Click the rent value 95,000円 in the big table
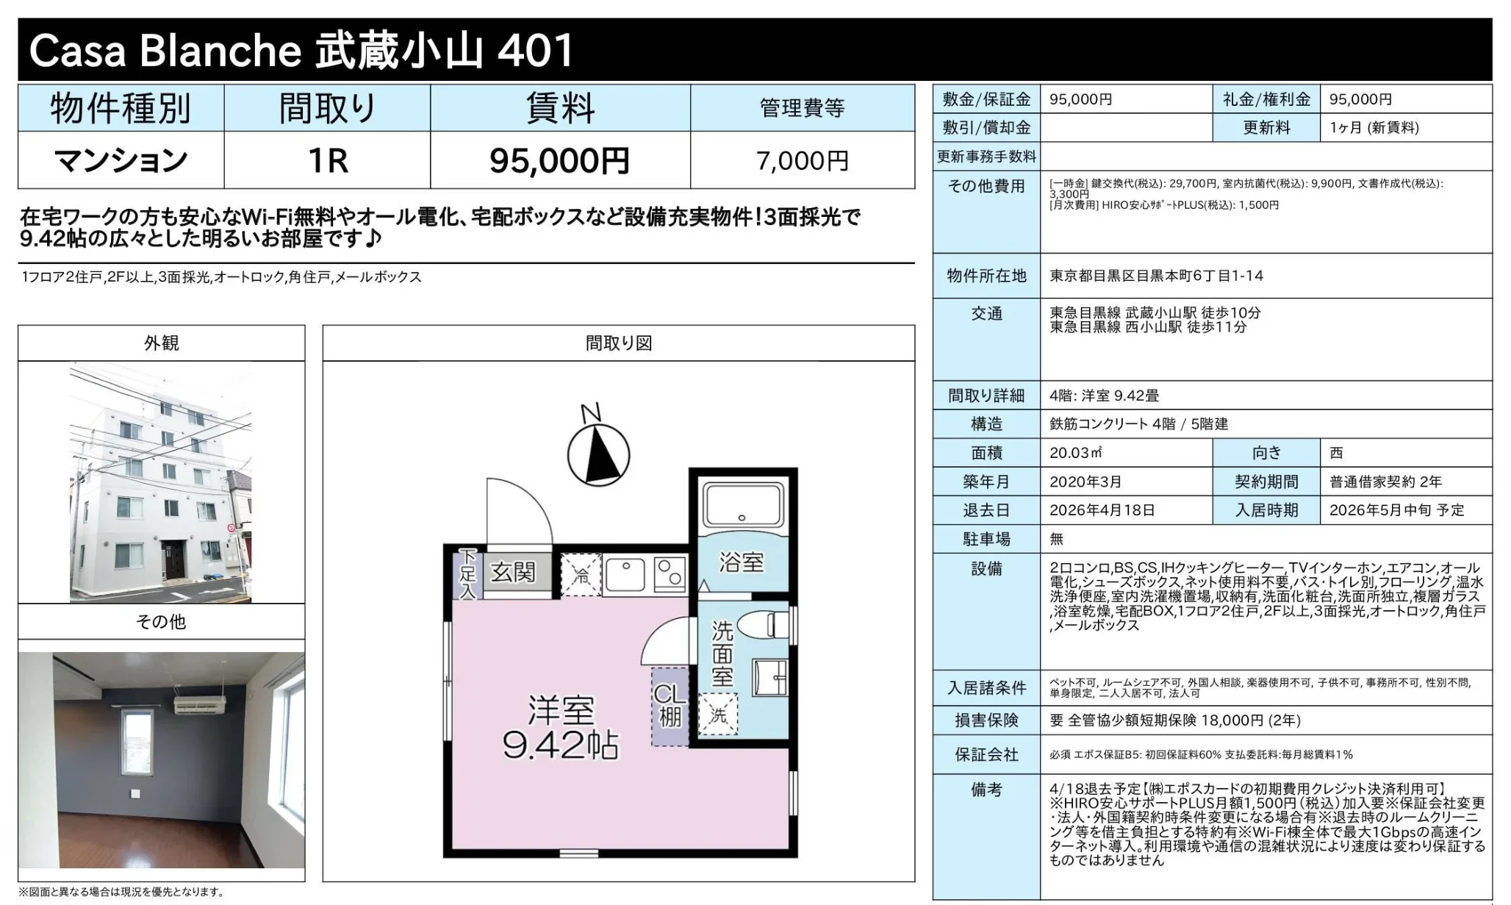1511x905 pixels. (x=559, y=160)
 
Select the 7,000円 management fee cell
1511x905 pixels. (x=802, y=160)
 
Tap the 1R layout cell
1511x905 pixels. (x=327, y=160)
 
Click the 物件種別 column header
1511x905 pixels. (x=121, y=108)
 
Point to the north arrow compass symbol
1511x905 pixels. (x=598, y=454)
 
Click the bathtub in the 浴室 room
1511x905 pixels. (x=742, y=504)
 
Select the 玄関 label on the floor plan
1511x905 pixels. (x=513, y=572)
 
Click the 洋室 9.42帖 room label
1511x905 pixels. (x=560, y=726)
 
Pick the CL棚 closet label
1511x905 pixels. (x=670, y=706)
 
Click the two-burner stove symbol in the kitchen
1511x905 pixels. (x=670, y=573)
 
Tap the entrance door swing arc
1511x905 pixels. (x=518, y=511)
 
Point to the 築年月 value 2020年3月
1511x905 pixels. (x=1085, y=482)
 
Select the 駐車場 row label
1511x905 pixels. (x=986, y=539)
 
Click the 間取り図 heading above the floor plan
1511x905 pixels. (x=618, y=343)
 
